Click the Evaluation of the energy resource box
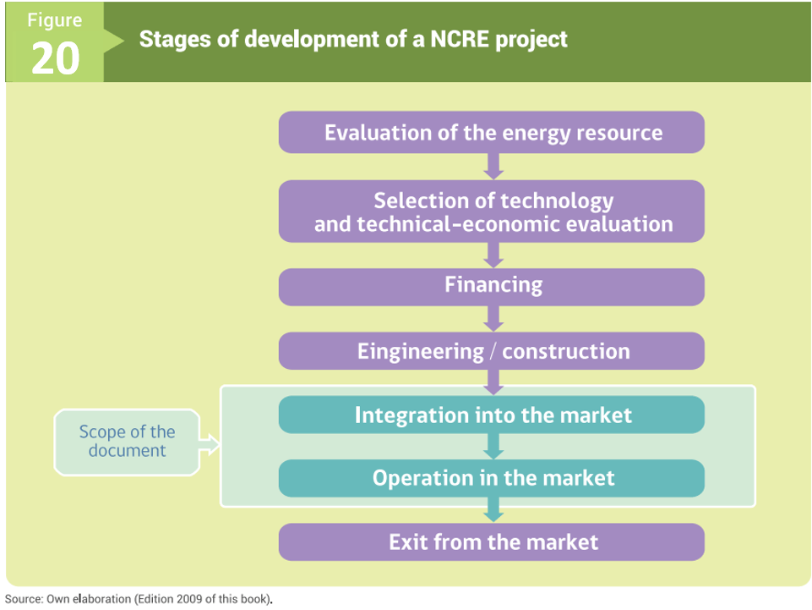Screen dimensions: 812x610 (492, 132)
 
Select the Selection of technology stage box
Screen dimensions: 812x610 (492, 212)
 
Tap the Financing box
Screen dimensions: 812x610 (492, 287)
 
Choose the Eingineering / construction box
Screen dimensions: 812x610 (492, 351)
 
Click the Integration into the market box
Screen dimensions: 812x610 (492, 415)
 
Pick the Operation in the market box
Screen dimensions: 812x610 (492, 478)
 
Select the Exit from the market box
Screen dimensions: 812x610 (492, 542)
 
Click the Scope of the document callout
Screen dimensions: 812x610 (127, 442)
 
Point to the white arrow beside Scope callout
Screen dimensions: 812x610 (210, 444)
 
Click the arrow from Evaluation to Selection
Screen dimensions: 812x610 (493, 167)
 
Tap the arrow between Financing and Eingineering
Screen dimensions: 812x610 (493, 319)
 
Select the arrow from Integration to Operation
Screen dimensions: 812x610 (493, 447)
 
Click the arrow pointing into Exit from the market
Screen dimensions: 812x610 (493, 510)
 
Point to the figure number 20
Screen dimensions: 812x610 (56, 58)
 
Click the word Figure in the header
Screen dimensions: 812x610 (54, 19)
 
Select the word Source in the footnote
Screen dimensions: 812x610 (24, 599)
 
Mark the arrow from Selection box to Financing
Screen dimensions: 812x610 (493, 256)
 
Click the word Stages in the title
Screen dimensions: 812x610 (175, 40)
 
